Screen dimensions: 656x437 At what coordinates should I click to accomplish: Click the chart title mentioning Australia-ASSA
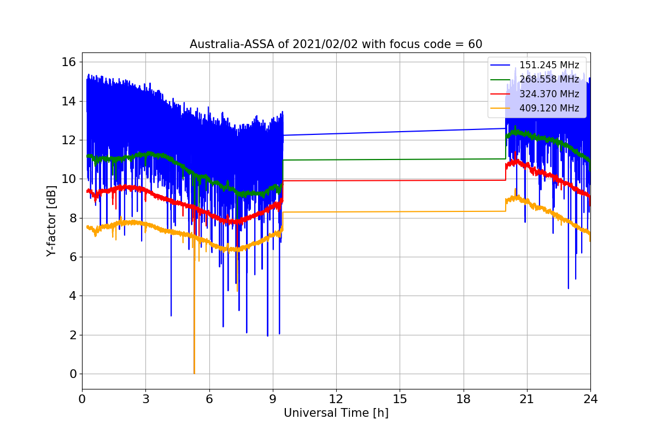coord(336,44)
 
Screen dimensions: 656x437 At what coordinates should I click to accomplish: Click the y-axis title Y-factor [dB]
coord(51,221)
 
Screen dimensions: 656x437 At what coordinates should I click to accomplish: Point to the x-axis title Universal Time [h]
coord(336,413)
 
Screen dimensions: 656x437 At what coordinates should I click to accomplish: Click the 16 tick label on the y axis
coord(68,62)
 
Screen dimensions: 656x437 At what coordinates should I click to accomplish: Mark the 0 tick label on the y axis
coord(73,374)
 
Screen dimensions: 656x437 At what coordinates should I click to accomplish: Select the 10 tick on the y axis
coord(68,179)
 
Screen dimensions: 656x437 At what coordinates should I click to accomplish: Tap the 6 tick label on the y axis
coord(73,257)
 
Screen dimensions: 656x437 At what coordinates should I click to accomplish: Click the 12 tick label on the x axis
coord(336,399)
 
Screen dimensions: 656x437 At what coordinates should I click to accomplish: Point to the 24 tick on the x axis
coord(590,399)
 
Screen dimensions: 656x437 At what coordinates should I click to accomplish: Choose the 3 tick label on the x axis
coord(146,399)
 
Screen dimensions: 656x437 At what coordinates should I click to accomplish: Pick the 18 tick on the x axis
coord(464,399)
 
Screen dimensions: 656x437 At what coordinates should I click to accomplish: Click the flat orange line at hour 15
coord(400,211)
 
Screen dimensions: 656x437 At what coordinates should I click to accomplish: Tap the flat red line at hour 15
coord(400,181)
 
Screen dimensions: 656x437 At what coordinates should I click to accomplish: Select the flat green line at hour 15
coord(400,160)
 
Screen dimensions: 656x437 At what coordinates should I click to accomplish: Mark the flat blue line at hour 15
coord(400,132)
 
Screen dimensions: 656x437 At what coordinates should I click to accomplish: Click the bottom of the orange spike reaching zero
coord(194,374)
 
